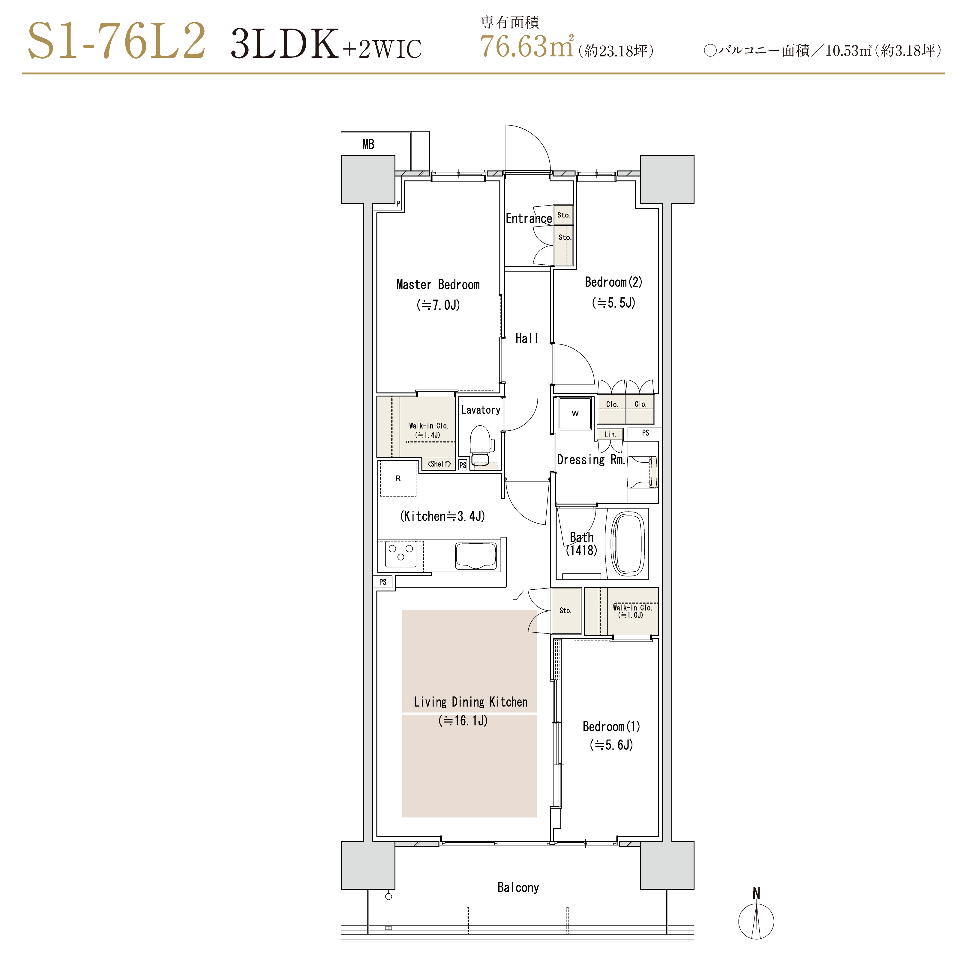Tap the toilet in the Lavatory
pyautogui.click(x=481, y=445)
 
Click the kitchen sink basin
pyautogui.click(x=475, y=556)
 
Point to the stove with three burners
pyautogui.click(x=400, y=554)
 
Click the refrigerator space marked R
pyautogui.click(x=398, y=478)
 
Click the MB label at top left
pyautogui.click(x=368, y=144)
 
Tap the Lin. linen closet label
pyautogui.click(x=610, y=435)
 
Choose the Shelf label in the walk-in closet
pyautogui.click(x=439, y=463)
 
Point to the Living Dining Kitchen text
pyautogui.click(x=471, y=702)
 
